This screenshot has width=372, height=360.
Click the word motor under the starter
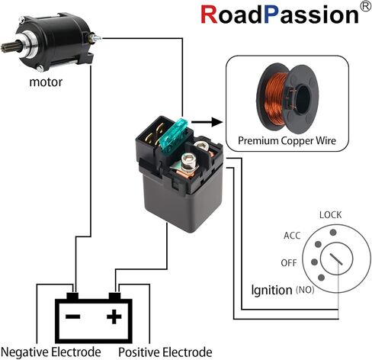pyautogui.click(x=46, y=82)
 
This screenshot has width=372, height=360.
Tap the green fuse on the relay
pyautogui.click(x=173, y=136)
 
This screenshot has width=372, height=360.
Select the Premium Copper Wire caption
pyautogui.click(x=287, y=140)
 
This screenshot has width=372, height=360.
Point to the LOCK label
pyautogui.click(x=330, y=215)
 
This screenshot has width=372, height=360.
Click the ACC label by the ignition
pyautogui.click(x=292, y=236)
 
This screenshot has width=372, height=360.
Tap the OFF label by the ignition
pyautogui.click(x=289, y=263)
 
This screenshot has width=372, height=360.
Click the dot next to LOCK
pyautogui.click(x=333, y=233)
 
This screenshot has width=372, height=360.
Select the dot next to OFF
pyautogui.click(x=315, y=262)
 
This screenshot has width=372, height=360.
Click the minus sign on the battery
pyautogui.click(x=73, y=317)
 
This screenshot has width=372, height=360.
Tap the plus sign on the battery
pyautogui.click(x=114, y=317)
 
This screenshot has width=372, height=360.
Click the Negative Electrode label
pyautogui.click(x=51, y=352)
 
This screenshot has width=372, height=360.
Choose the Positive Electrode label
pyautogui.click(x=165, y=352)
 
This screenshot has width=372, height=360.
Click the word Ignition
pyautogui.click(x=271, y=290)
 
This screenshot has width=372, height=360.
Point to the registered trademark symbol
pyautogui.click(x=366, y=6)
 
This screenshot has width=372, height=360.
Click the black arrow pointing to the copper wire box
pyautogui.click(x=207, y=122)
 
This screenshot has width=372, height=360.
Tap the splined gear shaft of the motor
pyautogui.click(x=7, y=47)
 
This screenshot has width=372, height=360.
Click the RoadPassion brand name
pyautogui.click(x=280, y=14)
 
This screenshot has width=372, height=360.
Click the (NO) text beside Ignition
pyautogui.click(x=305, y=290)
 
